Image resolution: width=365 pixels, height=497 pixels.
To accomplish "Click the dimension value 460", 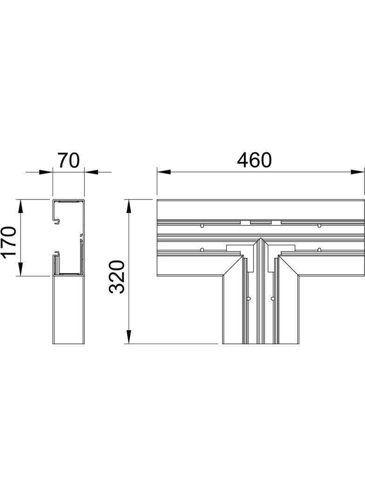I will (254, 160).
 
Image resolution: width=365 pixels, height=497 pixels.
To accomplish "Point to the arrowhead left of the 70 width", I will (47, 173).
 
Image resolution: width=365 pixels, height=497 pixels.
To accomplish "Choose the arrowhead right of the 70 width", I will (90, 173).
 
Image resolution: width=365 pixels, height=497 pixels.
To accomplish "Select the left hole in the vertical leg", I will (249, 298).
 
